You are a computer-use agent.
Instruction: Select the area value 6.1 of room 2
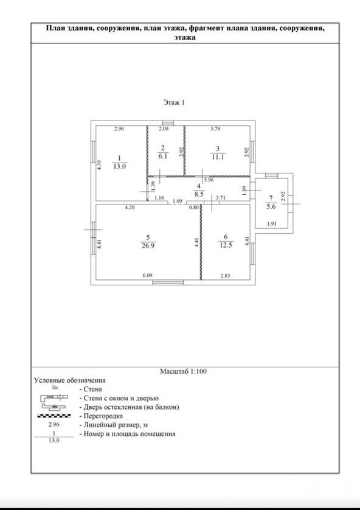pyautogui.click(x=163, y=156)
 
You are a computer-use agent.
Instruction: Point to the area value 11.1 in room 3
pyautogui.click(x=218, y=156)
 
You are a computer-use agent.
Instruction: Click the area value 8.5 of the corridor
pyautogui.click(x=199, y=194)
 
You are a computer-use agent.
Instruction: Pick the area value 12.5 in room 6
pyautogui.click(x=226, y=245)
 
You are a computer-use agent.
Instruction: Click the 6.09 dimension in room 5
pyautogui.click(x=148, y=276)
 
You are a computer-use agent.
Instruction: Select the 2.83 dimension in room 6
pyautogui.click(x=225, y=276)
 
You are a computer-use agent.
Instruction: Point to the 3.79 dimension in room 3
pyautogui.click(x=215, y=128)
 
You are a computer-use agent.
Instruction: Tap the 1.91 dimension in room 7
pyautogui.click(x=272, y=223)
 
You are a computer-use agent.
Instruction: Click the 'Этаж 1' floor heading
pyautogui.click(x=174, y=103)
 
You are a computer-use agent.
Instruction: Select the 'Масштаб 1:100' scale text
pyautogui.click(x=183, y=371)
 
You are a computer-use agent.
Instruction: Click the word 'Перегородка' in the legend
pyautogui.click(x=103, y=416)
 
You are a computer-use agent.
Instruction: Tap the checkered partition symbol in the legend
pyautogui.click(x=54, y=416)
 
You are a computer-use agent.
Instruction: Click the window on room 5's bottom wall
pyautogui.click(x=168, y=282)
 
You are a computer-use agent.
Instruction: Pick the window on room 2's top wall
pyautogui.click(x=168, y=123)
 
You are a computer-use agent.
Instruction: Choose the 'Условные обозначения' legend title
pyautogui.click(x=70, y=380)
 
